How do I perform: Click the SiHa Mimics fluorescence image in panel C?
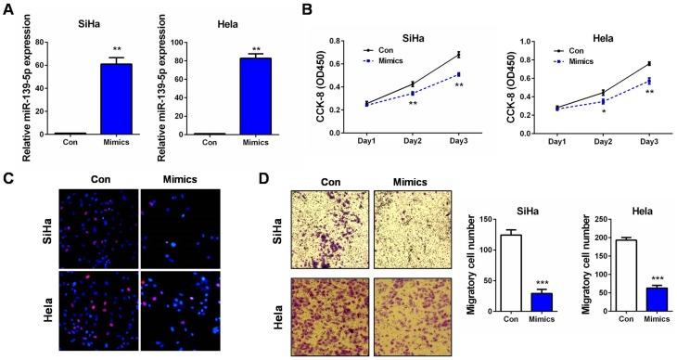pos(176,228)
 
